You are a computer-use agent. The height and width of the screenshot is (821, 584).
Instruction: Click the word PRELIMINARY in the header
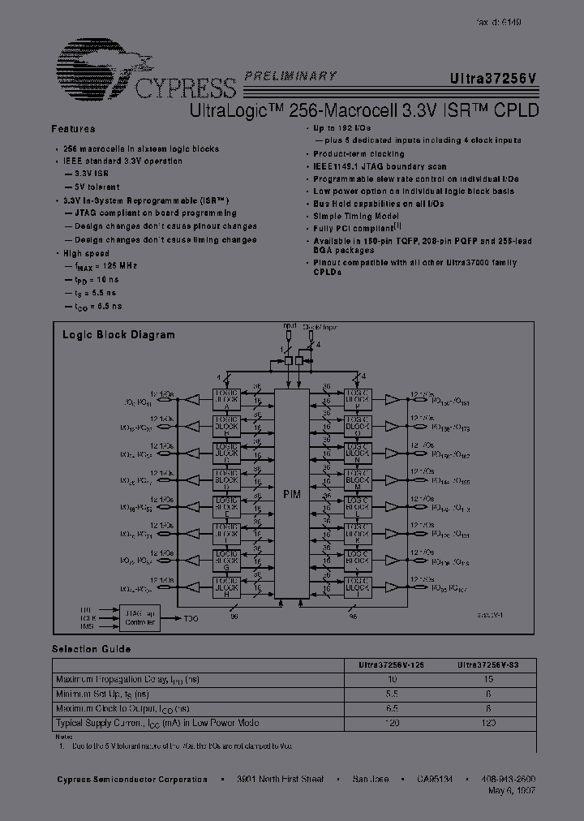click(x=290, y=75)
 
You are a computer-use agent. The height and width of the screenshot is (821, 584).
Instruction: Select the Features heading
click(x=73, y=129)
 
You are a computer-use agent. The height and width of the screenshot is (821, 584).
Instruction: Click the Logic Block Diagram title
click(x=118, y=334)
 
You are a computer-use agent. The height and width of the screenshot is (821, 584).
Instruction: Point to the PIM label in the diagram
click(x=291, y=492)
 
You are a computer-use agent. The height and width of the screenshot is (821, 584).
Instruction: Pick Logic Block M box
click(x=357, y=479)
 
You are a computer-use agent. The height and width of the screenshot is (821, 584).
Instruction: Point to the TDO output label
click(x=191, y=618)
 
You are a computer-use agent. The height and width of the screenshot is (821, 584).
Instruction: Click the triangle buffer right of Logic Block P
click(x=393, y=400)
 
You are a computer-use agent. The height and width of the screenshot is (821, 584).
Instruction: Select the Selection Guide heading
click(x=91, y=649)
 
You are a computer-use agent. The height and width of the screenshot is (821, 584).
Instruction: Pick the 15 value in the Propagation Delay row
click(x=488, y=680)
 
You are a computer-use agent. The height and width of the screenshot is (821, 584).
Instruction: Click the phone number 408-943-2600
click(x=508, y=779)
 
